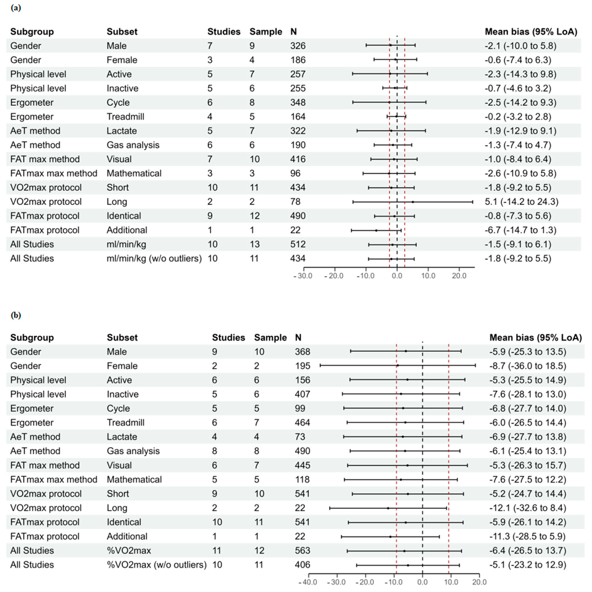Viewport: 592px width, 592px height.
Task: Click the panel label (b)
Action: (16, 315)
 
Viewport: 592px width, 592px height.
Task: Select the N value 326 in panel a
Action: (298, 46)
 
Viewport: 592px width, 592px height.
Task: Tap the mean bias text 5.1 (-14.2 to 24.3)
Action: (521, 202)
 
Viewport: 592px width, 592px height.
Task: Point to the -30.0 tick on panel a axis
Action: (303, 276)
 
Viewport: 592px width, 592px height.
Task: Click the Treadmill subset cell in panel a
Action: (125, 117)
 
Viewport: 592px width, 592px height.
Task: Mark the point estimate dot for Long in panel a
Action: (413, 202)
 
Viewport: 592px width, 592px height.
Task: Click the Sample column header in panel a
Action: (266, 32)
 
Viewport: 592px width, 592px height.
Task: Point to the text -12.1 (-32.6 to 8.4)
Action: (528, 508)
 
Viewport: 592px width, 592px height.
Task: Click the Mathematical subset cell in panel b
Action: (134, 479)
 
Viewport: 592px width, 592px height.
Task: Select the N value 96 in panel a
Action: (295, 173)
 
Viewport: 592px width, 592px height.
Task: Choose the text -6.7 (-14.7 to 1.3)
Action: (520, 230)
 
